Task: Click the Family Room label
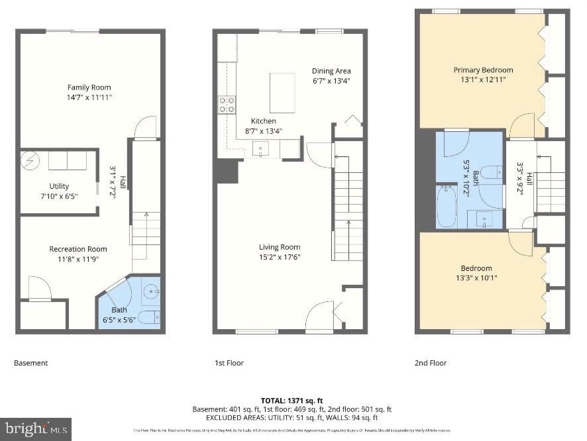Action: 89,87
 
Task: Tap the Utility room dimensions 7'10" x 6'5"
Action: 59,197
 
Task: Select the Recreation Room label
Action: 78,249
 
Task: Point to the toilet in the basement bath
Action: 150,317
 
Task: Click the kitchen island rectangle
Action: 283,93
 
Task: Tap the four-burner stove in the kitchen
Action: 227,103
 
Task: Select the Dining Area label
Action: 331,71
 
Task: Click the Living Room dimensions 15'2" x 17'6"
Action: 279,258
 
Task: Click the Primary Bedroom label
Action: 483,70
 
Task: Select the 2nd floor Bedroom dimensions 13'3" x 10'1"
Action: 477,278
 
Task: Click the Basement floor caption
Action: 31,363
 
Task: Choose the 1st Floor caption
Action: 229,363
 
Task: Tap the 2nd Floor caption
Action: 431,363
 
